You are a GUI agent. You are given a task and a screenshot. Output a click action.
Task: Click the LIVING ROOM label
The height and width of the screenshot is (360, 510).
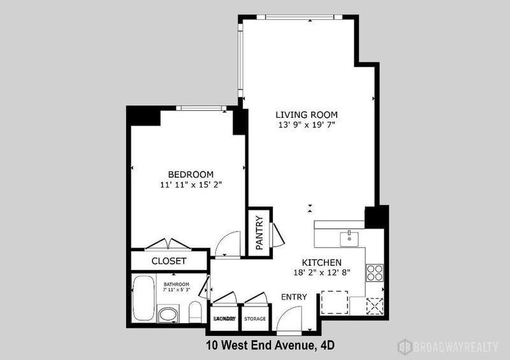coord(305,114)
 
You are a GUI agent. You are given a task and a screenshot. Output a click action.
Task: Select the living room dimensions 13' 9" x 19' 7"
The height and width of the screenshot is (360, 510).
coord(305,125)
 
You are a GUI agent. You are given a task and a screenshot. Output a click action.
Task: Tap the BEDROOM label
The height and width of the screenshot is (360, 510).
coord(191,174)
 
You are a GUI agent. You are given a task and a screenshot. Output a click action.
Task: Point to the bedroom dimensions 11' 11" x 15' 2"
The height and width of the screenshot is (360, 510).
coord(191,185)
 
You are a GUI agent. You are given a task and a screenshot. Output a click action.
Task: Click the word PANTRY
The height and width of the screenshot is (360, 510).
coord(259,233)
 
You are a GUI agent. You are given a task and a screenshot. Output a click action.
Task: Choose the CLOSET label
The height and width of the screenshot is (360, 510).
coord(169,261)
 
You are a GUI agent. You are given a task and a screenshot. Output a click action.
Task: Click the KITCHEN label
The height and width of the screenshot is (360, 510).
coord(322,262)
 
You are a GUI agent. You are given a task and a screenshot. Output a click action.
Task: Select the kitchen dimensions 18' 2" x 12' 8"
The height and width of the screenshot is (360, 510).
coord(322,273)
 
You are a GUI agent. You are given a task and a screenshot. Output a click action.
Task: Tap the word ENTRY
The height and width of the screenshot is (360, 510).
coord(294,297)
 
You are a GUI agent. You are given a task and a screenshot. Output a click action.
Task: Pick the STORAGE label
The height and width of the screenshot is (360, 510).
coord(255,318)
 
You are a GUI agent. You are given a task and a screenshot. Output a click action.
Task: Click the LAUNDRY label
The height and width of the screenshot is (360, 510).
coord(224,318)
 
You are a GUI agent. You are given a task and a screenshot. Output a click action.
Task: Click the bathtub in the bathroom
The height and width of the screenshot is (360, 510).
coord(143,298)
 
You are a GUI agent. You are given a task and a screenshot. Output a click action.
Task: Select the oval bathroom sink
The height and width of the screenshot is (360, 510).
coord(168,314)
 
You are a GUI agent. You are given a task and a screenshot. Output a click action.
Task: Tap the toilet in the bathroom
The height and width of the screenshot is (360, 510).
coord(195,312)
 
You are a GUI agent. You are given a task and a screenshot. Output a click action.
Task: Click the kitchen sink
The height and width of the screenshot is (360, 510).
coord(349,239)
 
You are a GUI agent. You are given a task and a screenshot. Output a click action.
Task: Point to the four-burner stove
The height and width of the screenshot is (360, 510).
coord(374,273)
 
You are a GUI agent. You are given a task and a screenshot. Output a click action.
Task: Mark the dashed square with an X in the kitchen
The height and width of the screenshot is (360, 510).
coord(374,305)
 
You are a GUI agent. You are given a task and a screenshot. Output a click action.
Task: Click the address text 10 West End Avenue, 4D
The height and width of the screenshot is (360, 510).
coord(270,346)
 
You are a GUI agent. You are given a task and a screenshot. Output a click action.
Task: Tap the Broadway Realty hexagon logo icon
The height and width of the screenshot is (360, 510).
coord(404,346)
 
